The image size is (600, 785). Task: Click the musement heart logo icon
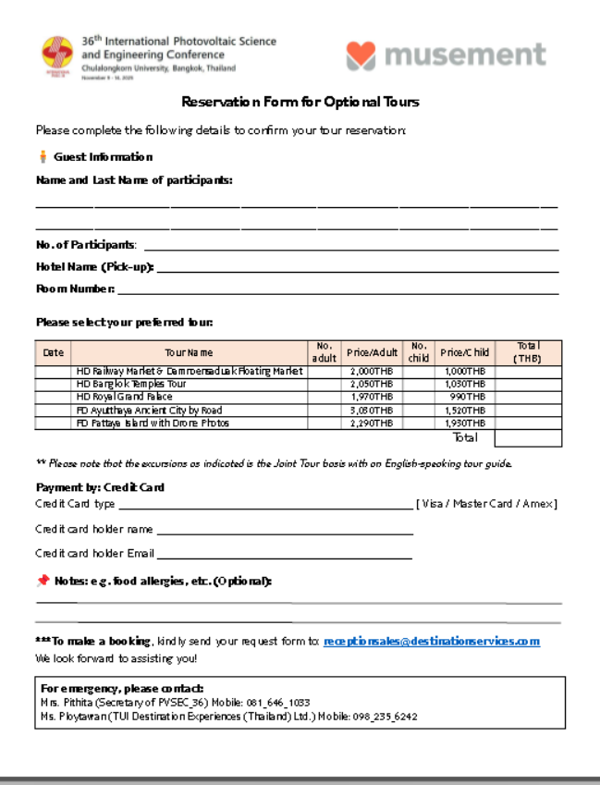(361, 55)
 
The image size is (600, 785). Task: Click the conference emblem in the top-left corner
(57, 55)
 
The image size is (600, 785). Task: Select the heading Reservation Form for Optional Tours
(300, 102)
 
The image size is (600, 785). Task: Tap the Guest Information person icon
(43, 157)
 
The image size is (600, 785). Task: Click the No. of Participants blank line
(351, 249)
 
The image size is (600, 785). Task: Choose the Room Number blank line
(338, 293)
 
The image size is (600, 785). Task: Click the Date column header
(54, 352)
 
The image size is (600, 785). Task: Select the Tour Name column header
(189, 352)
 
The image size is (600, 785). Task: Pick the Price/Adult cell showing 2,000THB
(371, 371)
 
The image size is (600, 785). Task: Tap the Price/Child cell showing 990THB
(464, 397)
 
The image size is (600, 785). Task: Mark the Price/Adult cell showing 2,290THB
(371, 423)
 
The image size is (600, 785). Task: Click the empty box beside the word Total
(528, 437)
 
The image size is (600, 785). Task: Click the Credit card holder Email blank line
(284, 558)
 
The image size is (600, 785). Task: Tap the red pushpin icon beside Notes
(43, 581)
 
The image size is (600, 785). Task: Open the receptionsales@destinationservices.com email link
(432, 641)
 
